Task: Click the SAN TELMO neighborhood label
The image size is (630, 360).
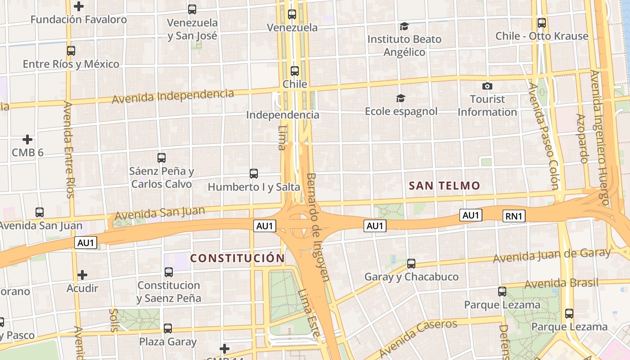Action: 444,185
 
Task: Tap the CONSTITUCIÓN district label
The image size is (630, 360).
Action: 237,258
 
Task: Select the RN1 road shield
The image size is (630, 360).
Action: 513,216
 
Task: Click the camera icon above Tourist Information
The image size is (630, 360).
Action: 487,86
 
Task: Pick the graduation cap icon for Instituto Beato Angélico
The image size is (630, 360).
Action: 404,26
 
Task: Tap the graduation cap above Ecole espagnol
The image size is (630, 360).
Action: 400,98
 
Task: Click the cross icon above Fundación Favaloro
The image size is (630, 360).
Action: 79,6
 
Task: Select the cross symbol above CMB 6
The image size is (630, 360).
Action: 27,139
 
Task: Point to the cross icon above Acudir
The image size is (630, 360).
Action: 82,274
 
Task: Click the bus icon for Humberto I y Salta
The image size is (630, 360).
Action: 254,173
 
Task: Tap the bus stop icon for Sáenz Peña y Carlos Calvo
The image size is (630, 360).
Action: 162,158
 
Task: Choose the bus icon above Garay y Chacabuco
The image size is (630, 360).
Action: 411,264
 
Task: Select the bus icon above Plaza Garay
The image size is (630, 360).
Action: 168,328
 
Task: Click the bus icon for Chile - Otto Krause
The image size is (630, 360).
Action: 542,22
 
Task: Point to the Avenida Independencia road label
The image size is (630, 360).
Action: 173,96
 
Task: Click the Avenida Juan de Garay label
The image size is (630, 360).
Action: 552,255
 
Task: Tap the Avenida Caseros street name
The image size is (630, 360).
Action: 418,337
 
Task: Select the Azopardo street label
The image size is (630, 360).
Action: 582,138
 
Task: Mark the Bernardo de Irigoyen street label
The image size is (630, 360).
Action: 318,227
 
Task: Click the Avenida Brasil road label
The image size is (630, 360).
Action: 562,283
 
